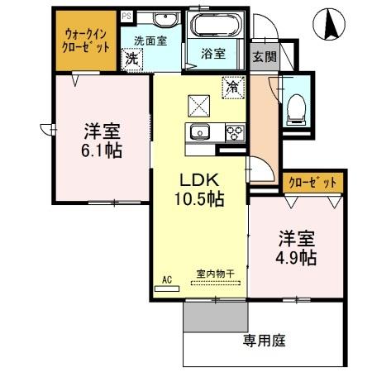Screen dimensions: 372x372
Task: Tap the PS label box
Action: coord(126,16)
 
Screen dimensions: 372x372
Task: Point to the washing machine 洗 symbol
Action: coord(131,59)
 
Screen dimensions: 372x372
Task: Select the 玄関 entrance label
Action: coord(265,57)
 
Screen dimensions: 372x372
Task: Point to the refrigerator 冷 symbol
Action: coord(232,85)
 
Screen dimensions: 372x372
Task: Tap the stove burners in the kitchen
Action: coord(234,131)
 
